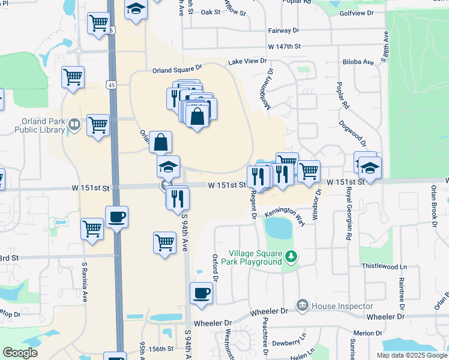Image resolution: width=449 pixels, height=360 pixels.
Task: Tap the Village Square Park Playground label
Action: [254, 257]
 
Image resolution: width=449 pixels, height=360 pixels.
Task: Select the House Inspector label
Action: [339, 306]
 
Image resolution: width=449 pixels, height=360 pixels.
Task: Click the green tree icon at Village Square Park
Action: [291, 257]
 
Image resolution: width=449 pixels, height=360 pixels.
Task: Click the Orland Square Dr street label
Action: [178, 70]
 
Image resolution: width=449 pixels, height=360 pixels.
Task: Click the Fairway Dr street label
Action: [283, 30]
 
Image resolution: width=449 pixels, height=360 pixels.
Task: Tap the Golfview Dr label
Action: [356, 13]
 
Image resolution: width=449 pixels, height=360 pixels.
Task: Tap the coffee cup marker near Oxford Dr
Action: [201, 293]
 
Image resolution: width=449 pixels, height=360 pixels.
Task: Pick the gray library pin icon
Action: [74, 125]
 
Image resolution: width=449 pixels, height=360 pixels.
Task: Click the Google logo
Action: [20, 353]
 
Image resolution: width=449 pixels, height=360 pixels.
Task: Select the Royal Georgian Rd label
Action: [348, 220]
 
